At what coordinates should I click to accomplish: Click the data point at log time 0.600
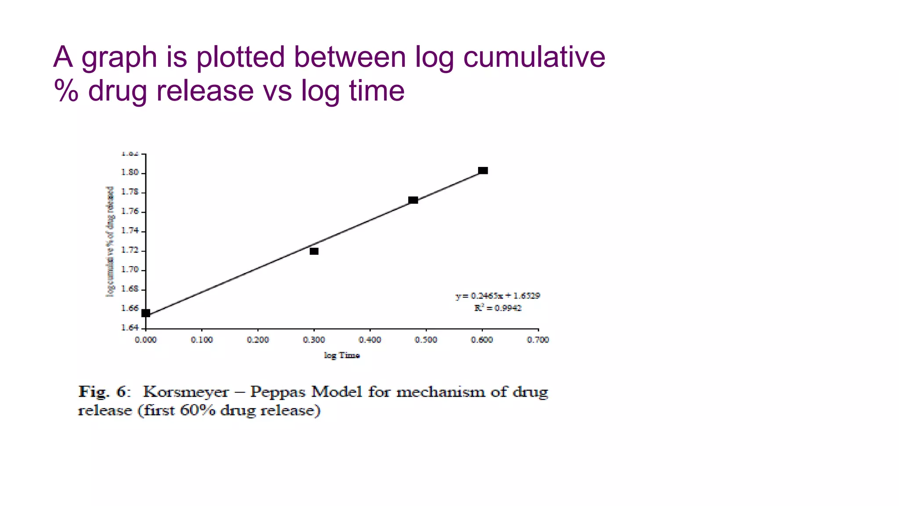(483, 170)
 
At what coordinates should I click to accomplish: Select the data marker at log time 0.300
(314, 251)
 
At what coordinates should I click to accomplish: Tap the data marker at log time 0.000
(146, 313)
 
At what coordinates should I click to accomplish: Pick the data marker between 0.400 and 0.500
(413, 200)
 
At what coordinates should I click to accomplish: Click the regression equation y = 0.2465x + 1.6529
(498, 296)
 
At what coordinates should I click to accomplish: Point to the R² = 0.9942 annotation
(498, 308)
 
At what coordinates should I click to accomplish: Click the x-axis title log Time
(342, 355)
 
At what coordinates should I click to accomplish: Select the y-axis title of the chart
(110, 241)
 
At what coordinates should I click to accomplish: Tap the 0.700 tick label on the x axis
(538, 340)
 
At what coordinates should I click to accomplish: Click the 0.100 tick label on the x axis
(202, 340)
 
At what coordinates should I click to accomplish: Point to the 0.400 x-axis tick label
(370, 340)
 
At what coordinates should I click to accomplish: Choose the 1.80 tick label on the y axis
(129, 173)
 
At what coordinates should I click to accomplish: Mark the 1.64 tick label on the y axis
(129, 328)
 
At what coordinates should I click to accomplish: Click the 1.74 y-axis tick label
(129, 231)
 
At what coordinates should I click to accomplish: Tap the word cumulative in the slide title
(534, 57)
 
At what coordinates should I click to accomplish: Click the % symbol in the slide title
(66, 91)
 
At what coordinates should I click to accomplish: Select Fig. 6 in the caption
(104, 391)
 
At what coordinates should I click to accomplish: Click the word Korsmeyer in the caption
(186, 391)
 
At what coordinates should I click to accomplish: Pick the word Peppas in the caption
(277, 391)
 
